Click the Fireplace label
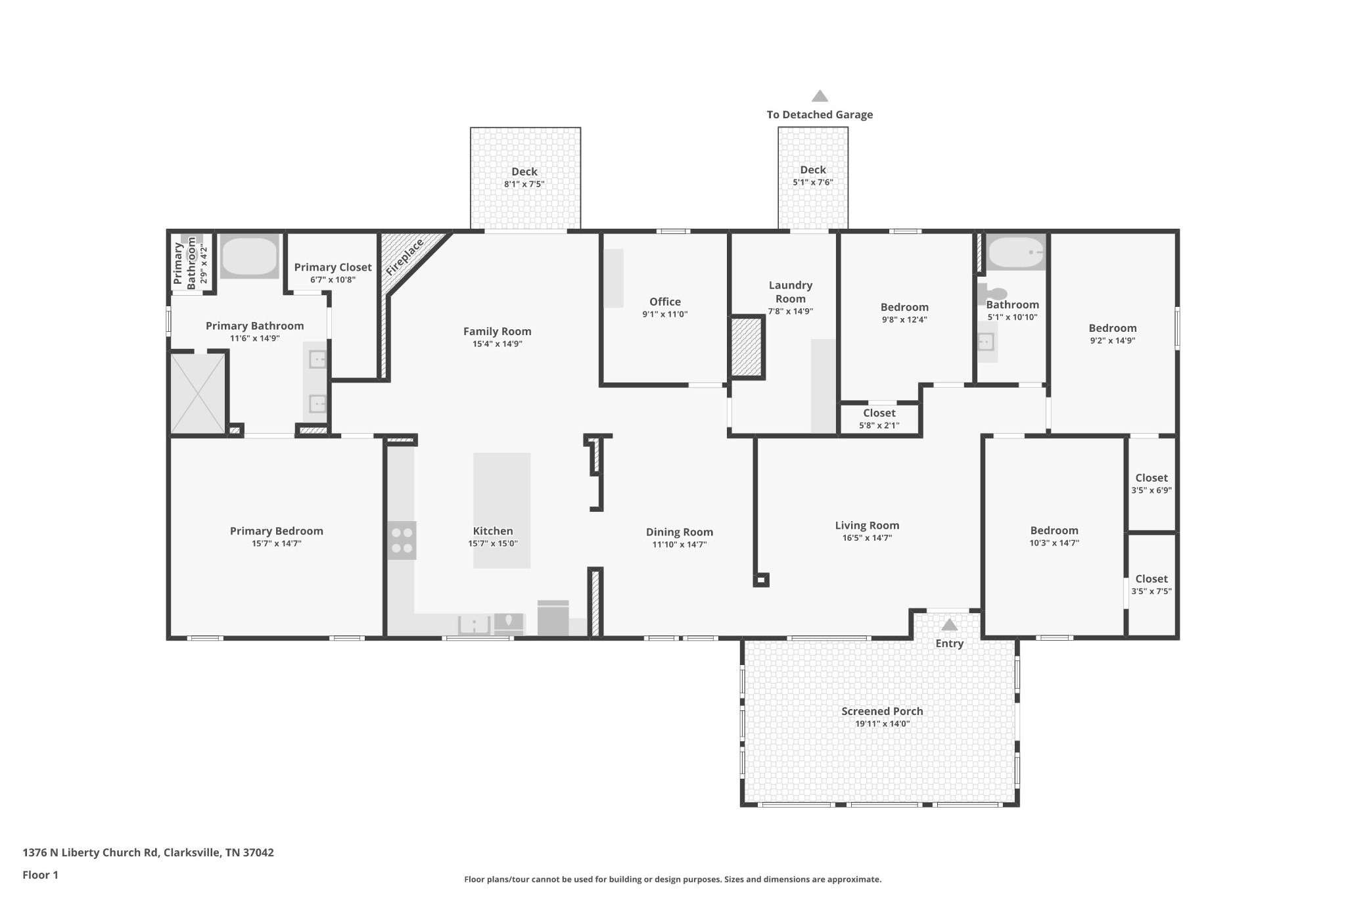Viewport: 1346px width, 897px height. (404, 258)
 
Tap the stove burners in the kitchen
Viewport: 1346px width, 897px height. (402, 540)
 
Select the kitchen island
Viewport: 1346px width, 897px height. (501, 510)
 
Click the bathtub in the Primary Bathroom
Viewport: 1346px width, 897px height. (249, 256)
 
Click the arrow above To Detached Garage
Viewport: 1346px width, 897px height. (820, 96)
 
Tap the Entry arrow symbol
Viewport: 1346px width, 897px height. (950, 624)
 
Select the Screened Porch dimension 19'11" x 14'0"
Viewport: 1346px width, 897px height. (882, 724)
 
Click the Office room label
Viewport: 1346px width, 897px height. (665, 302)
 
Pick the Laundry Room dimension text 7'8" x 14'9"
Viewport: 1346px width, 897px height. (791, 311)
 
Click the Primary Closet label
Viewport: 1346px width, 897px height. (333, 267)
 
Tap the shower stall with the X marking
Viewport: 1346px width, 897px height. (198, 394)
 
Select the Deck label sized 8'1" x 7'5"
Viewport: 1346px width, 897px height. (524, 172)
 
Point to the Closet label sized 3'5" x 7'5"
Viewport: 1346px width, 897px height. (1151, 579)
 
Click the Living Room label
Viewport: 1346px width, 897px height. (867, 525)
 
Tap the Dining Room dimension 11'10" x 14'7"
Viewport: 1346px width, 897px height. (680, 545)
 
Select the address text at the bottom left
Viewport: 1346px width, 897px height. (148, 853)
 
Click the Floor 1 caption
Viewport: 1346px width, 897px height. (40, 875)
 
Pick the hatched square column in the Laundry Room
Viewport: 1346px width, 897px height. (747, 348)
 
